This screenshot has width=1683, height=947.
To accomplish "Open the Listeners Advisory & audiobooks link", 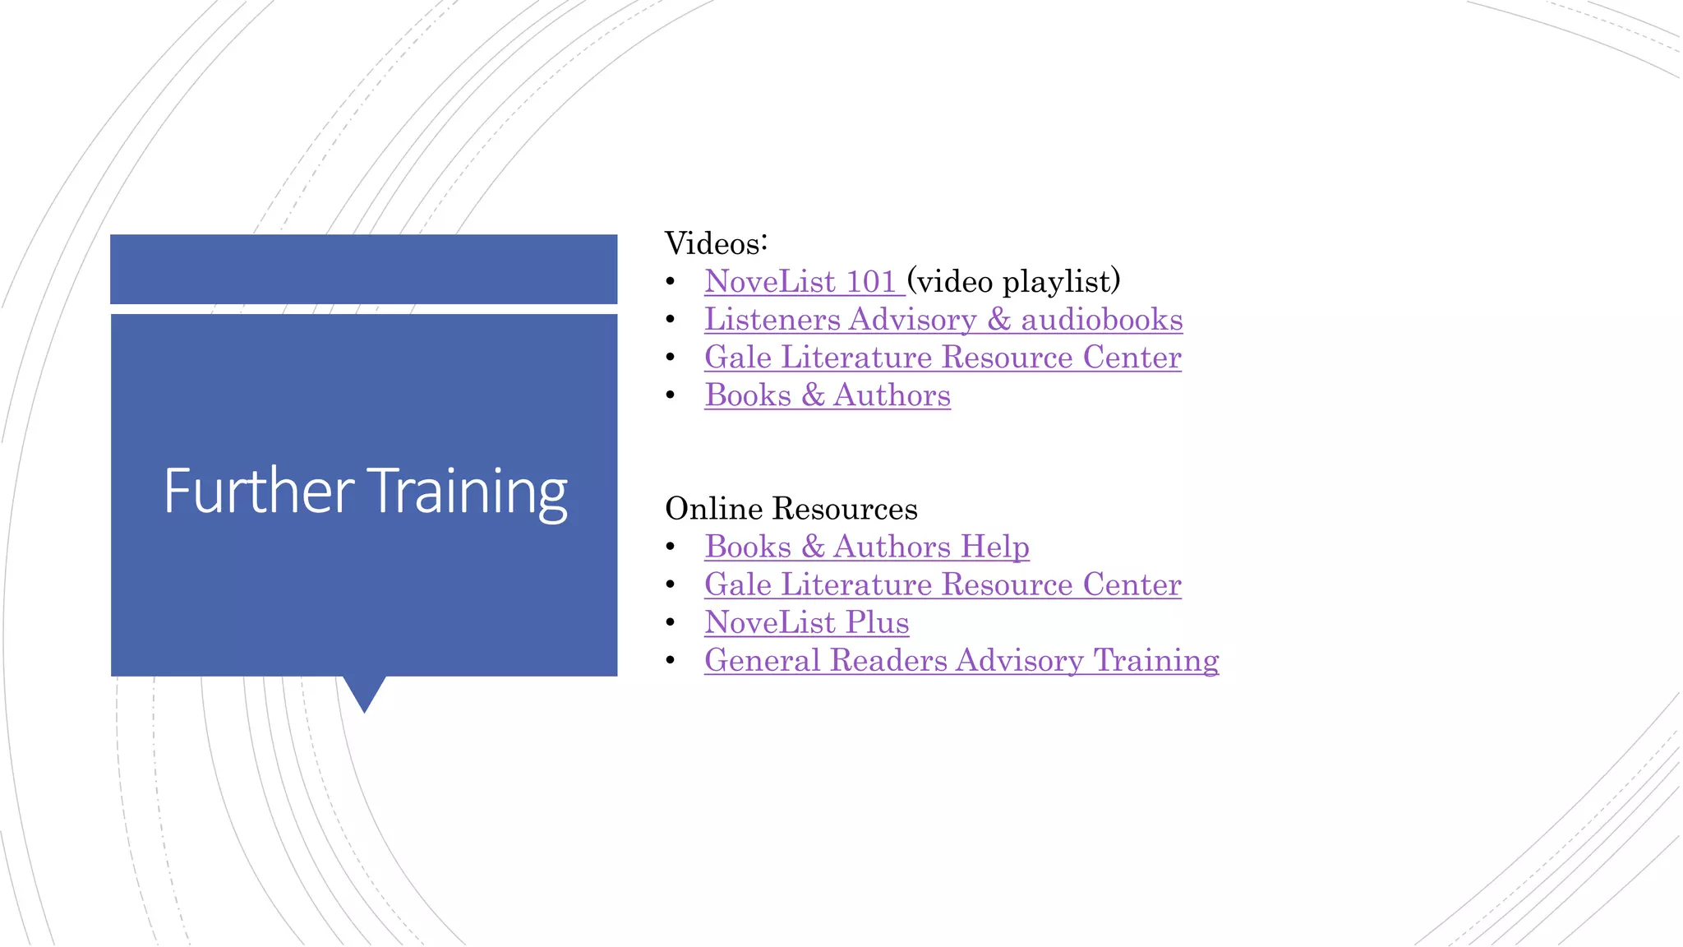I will pos(943,320).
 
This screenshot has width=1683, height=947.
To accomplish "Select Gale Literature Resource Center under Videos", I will pos(943,358).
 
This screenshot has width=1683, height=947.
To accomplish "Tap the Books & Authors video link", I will pos(827,395).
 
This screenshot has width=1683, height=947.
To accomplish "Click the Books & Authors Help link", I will pos(866,547).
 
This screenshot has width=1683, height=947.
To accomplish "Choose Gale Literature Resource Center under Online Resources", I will pos(943,584).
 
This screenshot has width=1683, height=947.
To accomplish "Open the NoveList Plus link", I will pos(806,622).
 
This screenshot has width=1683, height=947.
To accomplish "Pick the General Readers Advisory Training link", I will pos(961,660).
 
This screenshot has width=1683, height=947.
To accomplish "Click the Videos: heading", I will pos(716,243).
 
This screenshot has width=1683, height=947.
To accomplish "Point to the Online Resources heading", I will pos(791,509).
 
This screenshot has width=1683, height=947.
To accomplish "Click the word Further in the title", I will pos(258,491).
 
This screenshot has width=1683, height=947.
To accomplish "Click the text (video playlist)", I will pos(1014,282).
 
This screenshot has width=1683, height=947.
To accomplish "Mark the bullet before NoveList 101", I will pos(671,282).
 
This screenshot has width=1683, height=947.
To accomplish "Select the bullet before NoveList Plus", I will pos(671,622).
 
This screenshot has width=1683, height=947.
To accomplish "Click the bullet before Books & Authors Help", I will pos(671,547).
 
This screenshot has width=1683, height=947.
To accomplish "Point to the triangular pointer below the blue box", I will pos(364,691).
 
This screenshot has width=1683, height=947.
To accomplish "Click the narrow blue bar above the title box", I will pos(363,269).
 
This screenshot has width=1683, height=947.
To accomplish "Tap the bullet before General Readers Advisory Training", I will pos(671,660).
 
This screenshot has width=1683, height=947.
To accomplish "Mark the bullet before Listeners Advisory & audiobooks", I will pos(671,320).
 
